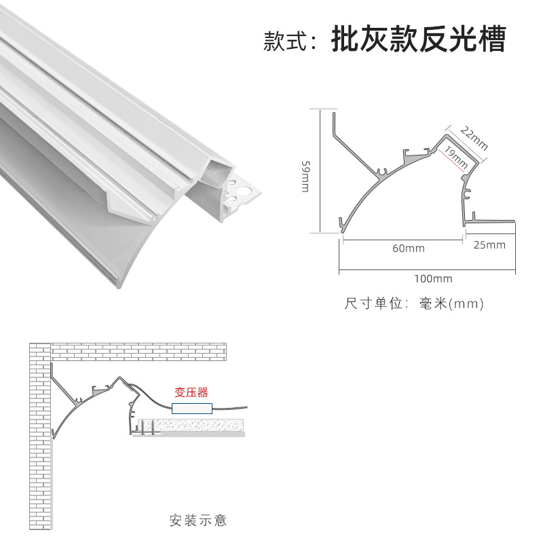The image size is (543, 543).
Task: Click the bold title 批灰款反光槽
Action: pyautogui.click(x=418, y=40)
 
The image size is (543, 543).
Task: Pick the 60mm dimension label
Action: pyautogui.click(x=409, y=248)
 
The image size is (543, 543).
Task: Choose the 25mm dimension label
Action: pyautogui.click(x=489, y=245)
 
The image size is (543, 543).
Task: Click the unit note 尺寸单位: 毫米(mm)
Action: pyautogui.click(x=414, y=303)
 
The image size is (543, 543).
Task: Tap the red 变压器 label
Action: pyautogui.click(x=191, y=392)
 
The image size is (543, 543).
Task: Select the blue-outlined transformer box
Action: pyautogui.click(x=193, y=408)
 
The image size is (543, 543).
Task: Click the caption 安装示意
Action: pyautogui.click(x=198, y=521)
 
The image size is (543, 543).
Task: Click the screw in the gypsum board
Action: pyautogui.click(x=155, y=427)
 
